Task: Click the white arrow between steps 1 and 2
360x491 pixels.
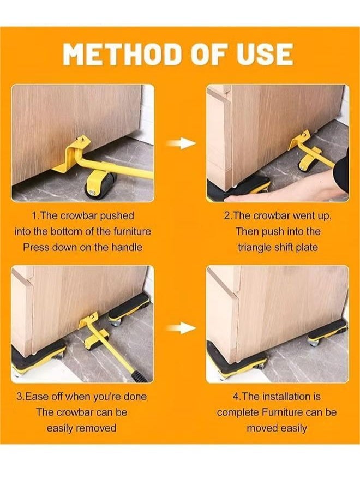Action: pyautogui.click(x=181, y=143)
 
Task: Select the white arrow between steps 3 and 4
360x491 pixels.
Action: pyautogui.click(x=181, y=328)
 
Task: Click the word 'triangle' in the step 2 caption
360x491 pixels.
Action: pyautogui.click(x=255, y=247)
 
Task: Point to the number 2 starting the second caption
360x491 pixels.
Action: pyautogui.click(x=227, y=215)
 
